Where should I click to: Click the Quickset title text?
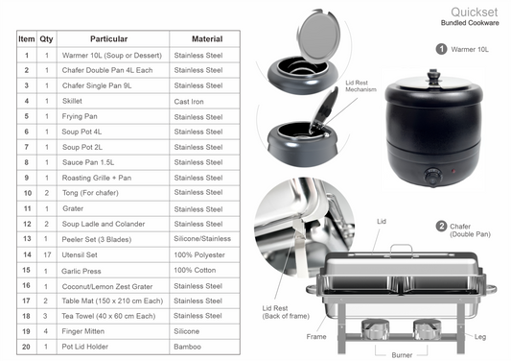[475, 12]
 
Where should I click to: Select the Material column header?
[207, 39]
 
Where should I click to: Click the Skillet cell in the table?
[72, 101]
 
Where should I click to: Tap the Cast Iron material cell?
[189, 102]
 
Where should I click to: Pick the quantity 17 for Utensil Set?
[47, 254]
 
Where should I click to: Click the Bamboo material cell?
[187, 347]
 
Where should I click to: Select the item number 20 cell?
[27, 347]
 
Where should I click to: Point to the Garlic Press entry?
[81, 271]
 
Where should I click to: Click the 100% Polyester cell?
[199, 255]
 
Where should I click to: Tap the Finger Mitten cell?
[83, 331]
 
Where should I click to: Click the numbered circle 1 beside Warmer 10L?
[441, 49]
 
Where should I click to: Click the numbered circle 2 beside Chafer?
[441, 227]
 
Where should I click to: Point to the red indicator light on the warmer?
[453, 171]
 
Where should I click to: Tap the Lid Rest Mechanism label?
[360, 86]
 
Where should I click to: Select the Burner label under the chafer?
[402, 355]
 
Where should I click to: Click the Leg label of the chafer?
[480, 337]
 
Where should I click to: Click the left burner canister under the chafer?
[375, 329]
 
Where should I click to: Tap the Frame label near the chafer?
[316, 337]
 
